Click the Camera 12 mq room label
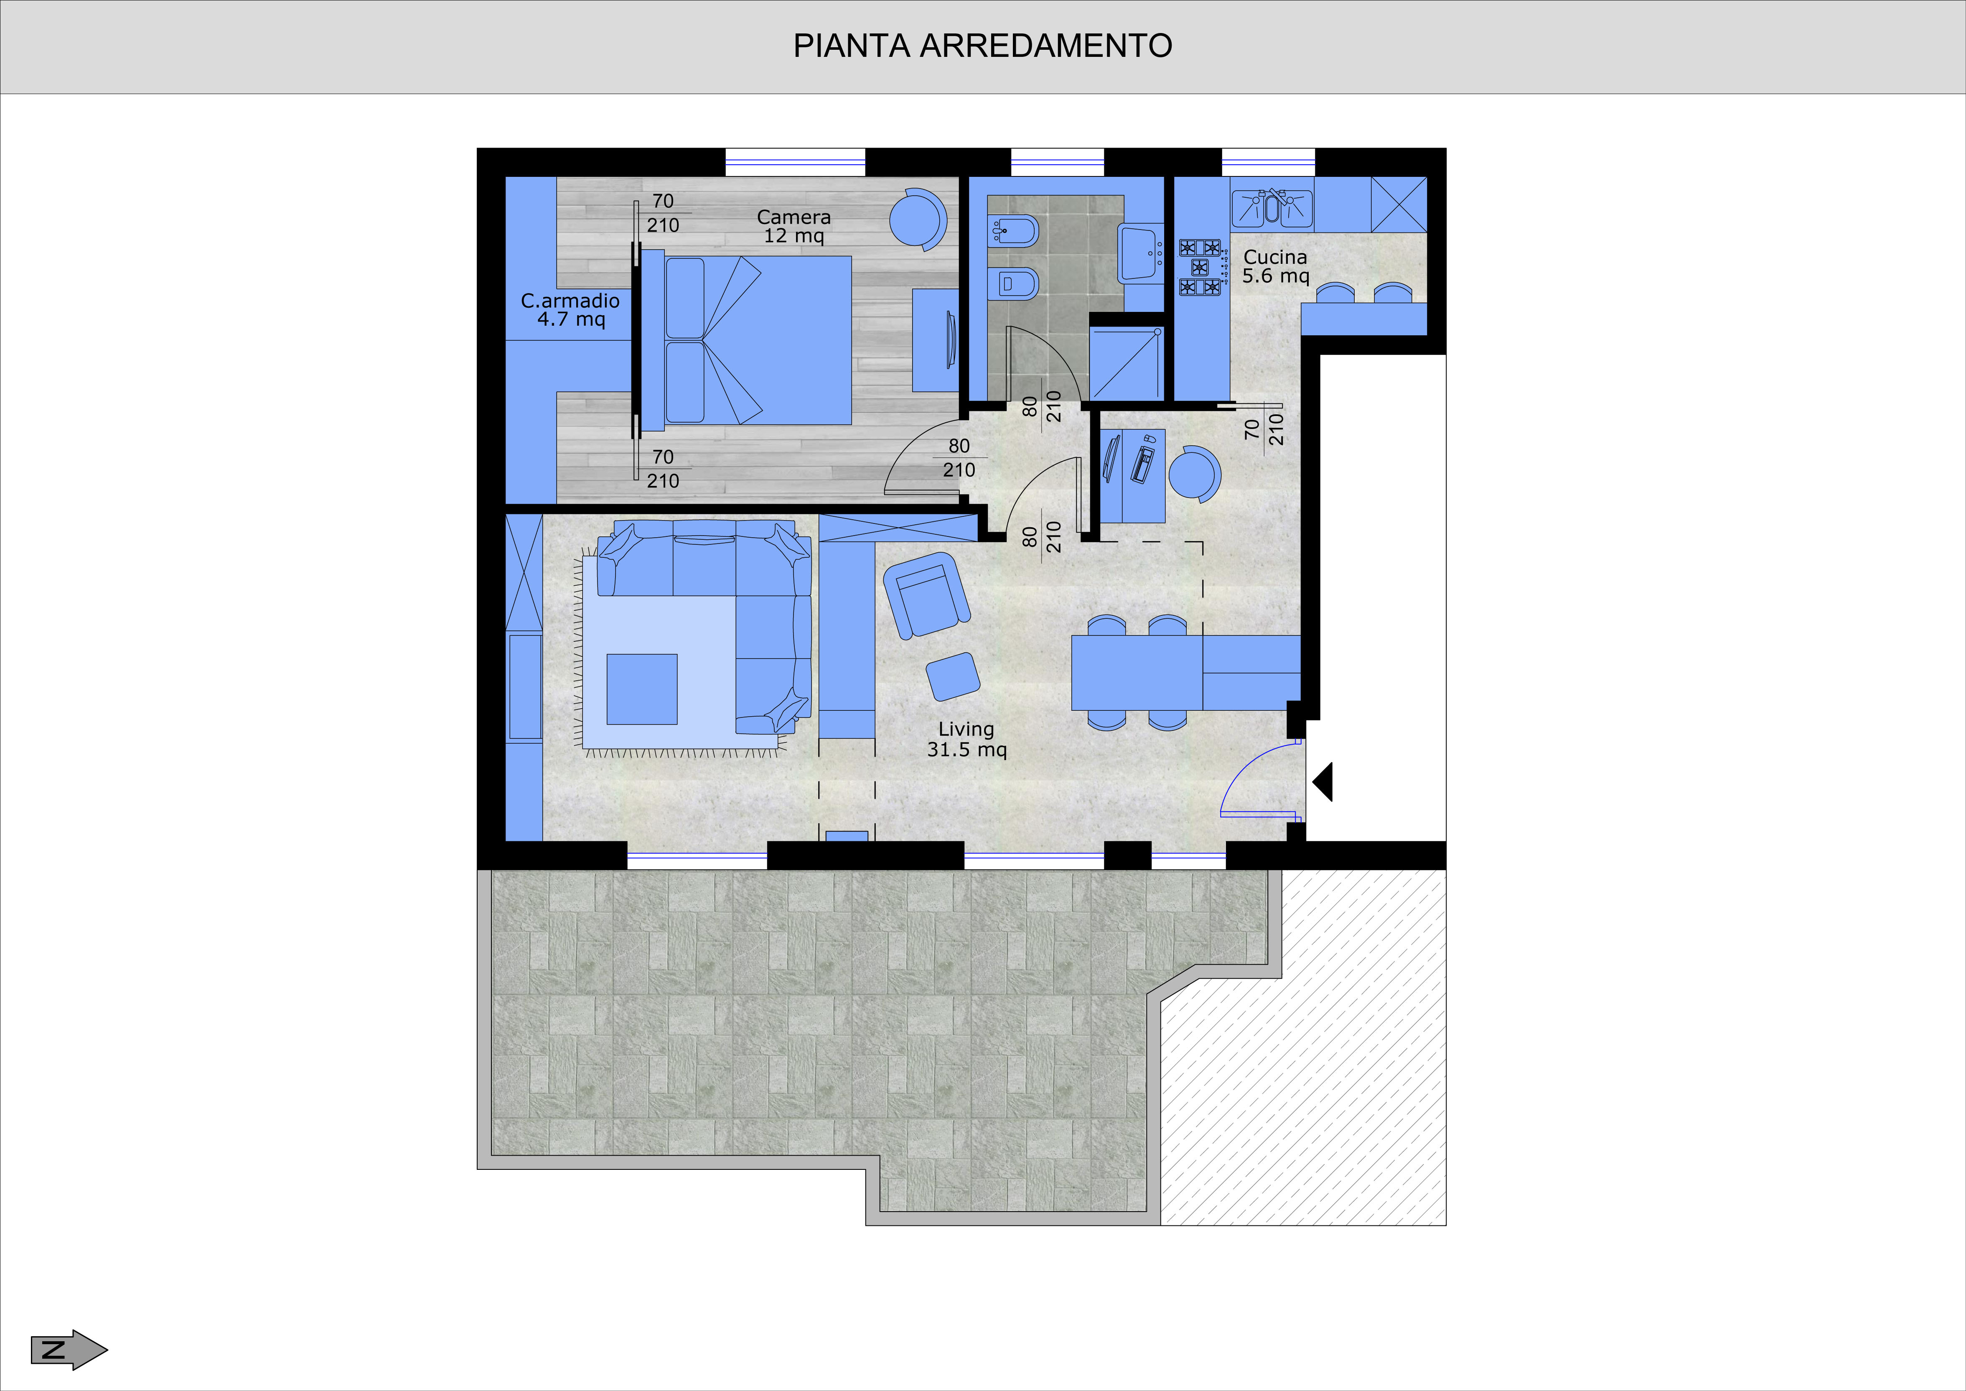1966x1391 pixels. [794, 226]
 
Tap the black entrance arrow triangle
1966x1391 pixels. [1323, 782]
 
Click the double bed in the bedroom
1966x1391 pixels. [747, 340]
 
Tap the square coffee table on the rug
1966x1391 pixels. [642, 689]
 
